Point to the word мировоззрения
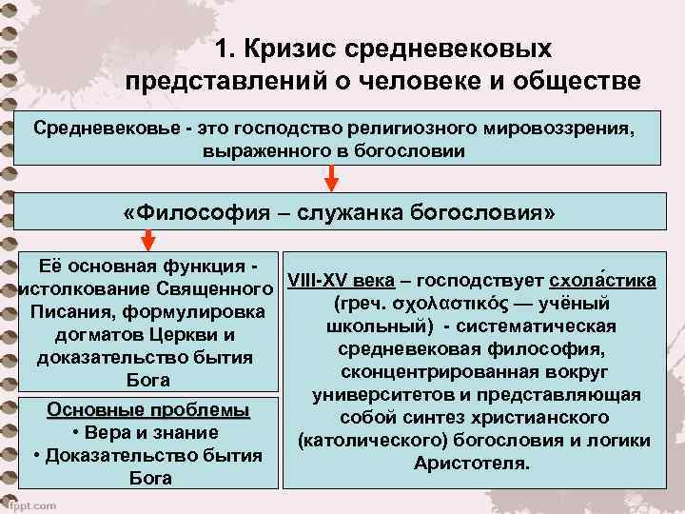click(x=558, y=128)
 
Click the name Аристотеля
click(x=472, y=464)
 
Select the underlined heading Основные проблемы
click(x=148, y=412)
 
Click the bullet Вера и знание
click(x=148, y=434)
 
